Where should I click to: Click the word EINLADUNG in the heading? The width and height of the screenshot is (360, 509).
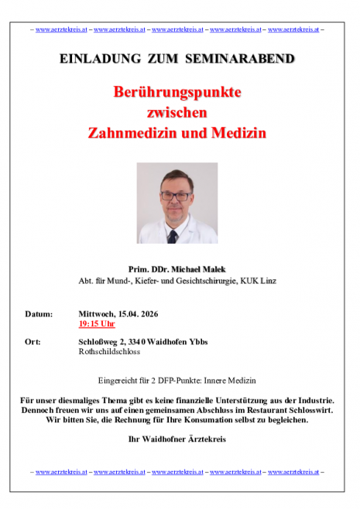[x=93, y=59]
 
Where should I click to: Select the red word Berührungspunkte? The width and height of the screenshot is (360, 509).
[x=177, y=93]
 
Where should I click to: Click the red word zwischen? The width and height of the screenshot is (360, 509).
[x=177, y=113]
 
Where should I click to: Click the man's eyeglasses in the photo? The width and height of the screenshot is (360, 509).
[x=177, y=196]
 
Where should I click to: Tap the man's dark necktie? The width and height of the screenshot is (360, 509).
[x=173, y=235]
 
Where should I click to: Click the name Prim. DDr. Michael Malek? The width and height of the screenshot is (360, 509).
[x=177, y=267]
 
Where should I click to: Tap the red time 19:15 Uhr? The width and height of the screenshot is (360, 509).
[x=97, y=324]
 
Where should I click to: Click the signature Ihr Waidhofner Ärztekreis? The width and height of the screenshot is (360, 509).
[x=177, y=439]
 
